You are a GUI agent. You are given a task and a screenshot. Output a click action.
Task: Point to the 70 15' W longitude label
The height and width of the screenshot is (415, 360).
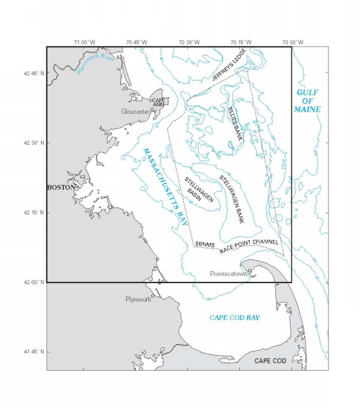point(241,42)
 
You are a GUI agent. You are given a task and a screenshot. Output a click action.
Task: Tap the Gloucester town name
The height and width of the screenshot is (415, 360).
point(136,111)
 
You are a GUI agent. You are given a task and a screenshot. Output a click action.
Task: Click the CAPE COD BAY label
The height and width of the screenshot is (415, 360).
point(235,317)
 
